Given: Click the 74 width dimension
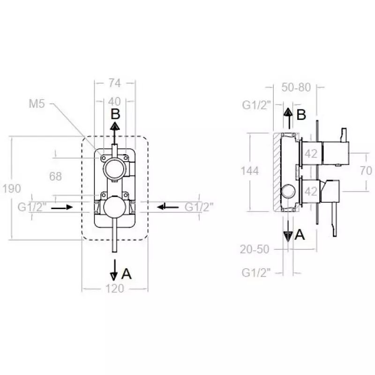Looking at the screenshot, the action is click(x=115, y=83).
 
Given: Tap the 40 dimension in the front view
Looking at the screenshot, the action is click(x=114, y=102).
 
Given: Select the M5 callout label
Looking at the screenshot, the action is click(x=37, y=104).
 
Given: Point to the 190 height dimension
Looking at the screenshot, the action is click(x=12, y=188).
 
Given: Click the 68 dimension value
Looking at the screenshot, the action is click(x=55, y=176).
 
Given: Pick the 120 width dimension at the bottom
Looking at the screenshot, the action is click(x=115, y=288).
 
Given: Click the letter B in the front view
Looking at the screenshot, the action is click(x=115, y=114).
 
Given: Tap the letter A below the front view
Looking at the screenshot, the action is click(x=126, y=274).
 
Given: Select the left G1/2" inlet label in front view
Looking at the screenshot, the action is click(x=32, y=207).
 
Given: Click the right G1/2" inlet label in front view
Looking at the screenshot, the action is click(x=199, y=207).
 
